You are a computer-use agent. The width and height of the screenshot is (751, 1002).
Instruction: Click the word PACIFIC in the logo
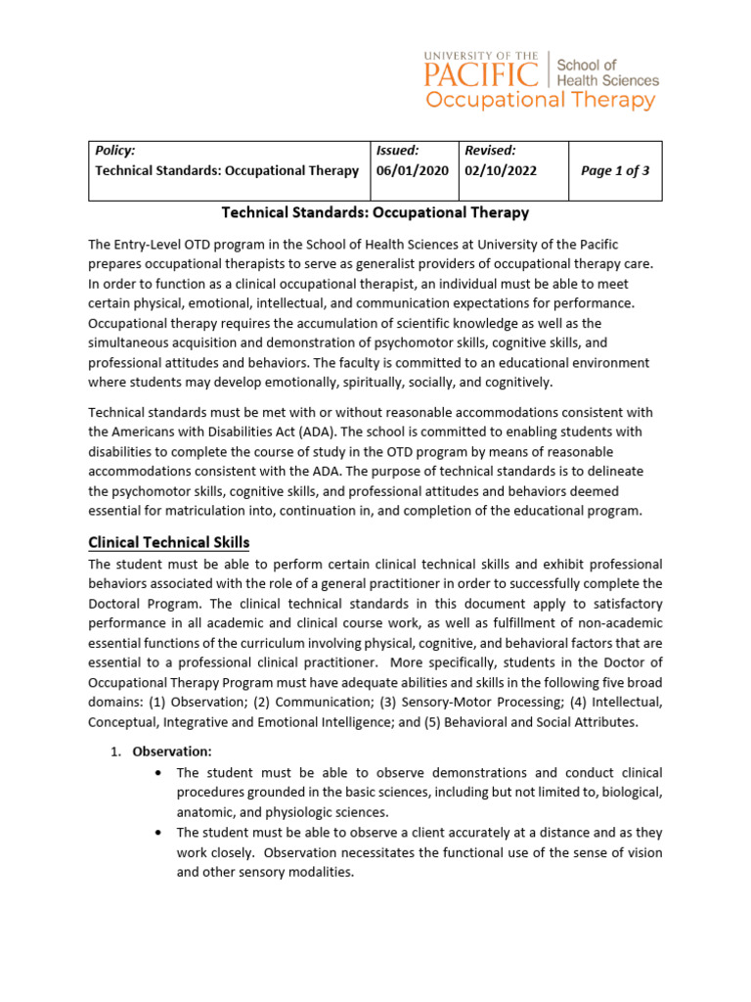coord(481,74)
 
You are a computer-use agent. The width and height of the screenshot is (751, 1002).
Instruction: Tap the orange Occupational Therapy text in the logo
coord(540,101)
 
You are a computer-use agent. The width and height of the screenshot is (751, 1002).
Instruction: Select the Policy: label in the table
coord(114,151)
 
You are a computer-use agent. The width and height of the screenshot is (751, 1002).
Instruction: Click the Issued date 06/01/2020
coord(413,170)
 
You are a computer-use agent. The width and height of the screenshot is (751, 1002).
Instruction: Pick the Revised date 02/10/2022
coord(501,170)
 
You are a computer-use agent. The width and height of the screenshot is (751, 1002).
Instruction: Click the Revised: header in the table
coord(490,151)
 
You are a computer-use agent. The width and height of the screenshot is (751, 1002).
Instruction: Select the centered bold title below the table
coord(375,212)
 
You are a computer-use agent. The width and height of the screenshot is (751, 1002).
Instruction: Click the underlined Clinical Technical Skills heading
coord(169,542)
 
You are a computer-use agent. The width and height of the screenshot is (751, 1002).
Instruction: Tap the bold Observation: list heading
coord(172,751)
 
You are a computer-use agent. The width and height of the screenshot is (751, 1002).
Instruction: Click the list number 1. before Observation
coord(114,751)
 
